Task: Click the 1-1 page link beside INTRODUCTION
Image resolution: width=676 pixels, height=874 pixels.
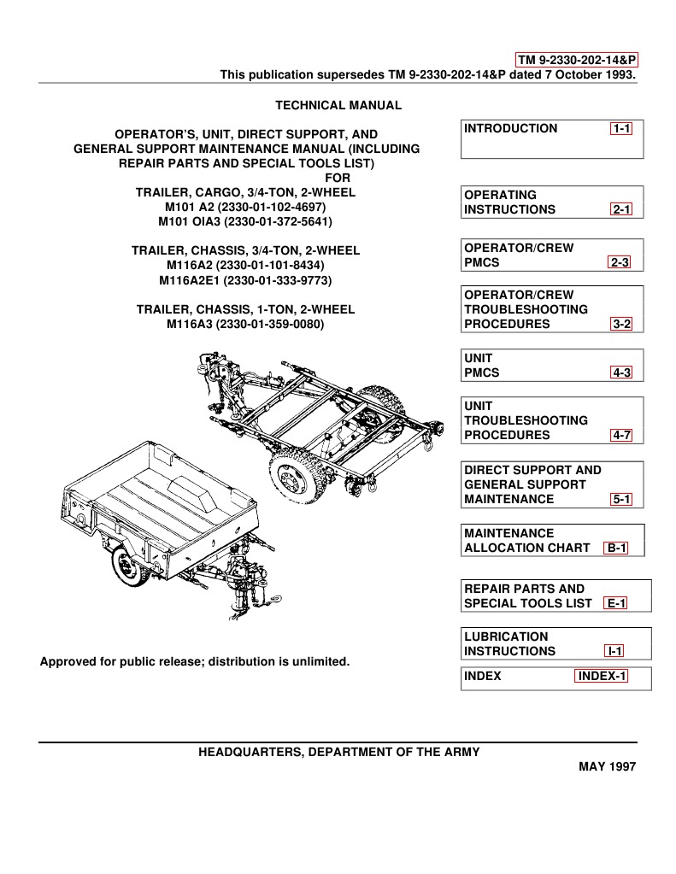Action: click(620, 129)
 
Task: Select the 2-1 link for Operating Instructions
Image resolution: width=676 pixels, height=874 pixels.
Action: click(620, 209)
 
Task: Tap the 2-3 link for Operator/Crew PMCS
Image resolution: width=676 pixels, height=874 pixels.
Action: click(620, 262)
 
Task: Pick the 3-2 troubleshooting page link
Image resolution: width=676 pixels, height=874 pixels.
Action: click(620, 325)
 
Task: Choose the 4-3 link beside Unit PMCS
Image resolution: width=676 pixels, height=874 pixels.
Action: click(620, 373)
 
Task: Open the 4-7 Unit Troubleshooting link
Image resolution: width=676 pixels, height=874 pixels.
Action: click(620, 436)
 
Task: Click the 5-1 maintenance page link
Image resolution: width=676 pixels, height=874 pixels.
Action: click(620, 500)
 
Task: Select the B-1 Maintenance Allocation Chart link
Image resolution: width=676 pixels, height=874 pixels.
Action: click(615, 548)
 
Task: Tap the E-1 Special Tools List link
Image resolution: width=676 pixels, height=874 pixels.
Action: click(615, 603)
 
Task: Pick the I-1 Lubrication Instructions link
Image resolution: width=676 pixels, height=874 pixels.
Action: click(614, 651)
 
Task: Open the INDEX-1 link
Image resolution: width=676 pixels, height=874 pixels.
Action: click(602, 677)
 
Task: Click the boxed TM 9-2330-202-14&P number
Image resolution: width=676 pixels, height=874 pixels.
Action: click(578, 60)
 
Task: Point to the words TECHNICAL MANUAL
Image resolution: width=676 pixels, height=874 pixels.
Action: click(338, 105)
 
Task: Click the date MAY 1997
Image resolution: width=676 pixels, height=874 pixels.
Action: click(608, 766)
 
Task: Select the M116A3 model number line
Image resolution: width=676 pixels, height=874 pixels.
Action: click(246, 324)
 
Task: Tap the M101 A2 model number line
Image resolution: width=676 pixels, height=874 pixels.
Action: click(246, 207)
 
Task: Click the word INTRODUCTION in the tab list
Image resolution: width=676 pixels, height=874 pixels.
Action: click(510, 129)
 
